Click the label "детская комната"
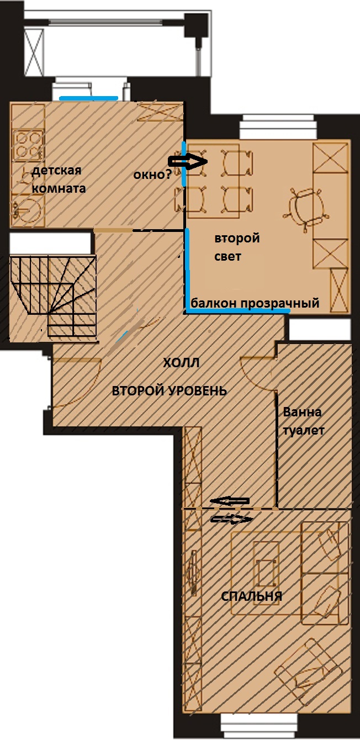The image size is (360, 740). [x=59, y=179]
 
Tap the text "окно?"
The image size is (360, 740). [x=152, y=175]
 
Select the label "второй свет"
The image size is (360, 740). [x=237, y=247]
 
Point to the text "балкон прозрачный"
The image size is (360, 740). [x=255, y=303]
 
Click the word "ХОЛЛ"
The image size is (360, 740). [x=181, y=363]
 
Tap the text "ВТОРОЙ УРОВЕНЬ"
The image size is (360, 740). [x=170, y=391]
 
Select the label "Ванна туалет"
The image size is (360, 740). [x=304, y=421]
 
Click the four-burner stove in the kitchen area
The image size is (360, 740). [x=28, y=144]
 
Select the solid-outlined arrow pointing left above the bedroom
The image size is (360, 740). [x=230, y=501]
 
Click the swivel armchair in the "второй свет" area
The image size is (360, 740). [x=306, y=208]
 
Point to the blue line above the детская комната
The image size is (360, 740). [x=88, y=98]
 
